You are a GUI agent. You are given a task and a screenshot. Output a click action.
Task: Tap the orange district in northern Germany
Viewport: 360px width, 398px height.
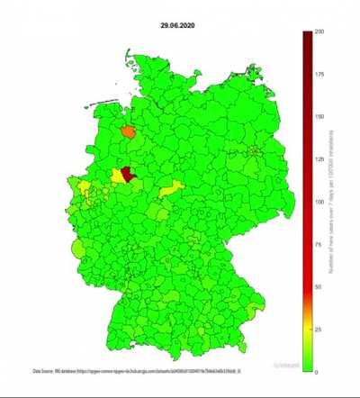pyautogui.click(x=130, y=131)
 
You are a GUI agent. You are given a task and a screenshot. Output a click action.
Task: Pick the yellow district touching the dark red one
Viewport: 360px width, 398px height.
pyautogui.click(x=117, y=175)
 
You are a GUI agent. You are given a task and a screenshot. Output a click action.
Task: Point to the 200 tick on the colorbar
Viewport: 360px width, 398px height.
pyautogui.click(x=317, y=32)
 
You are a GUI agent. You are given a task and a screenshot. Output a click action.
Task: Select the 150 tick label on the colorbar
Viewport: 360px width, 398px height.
pyautogui.click(x=317, y=117)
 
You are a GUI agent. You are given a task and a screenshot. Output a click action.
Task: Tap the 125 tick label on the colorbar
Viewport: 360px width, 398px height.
pyautogui.click(x=317, y=159)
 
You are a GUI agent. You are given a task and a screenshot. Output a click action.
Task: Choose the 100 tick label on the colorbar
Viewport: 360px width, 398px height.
pyautogui.click(x=317, y=202)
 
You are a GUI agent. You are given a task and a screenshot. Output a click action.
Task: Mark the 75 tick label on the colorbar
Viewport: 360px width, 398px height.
pyautogui.click(x=316, y=244)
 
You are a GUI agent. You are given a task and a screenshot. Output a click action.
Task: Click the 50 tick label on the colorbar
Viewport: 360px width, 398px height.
pyautogui.click(x=316, y=286)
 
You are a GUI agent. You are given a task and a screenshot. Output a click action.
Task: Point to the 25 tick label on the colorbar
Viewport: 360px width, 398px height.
pyautogui.click(x=316, y=329)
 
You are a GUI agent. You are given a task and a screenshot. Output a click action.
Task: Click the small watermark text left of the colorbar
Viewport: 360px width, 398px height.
pyautogui.click(x=285, y=366)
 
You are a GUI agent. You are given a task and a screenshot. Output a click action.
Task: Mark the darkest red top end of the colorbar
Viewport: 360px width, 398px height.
pyautogui.click(x=305, y=36)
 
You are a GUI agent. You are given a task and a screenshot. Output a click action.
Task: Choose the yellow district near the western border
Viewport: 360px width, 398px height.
pyautogui.click(x=84, y=187)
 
